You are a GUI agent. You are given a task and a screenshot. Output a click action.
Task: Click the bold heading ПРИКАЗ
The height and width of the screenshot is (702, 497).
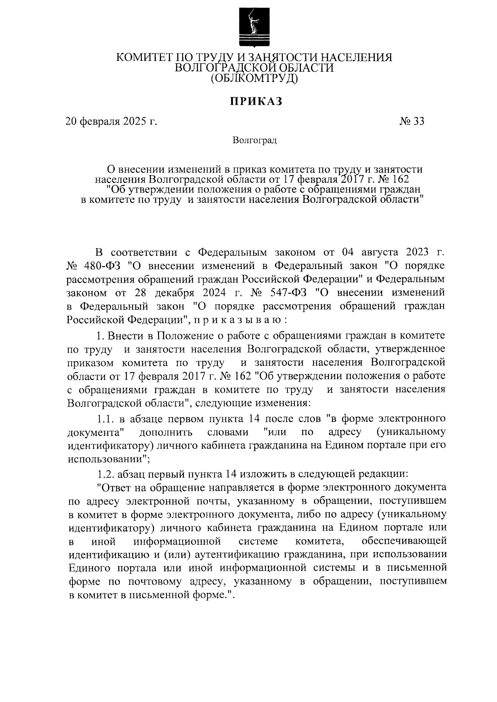pos(256,101)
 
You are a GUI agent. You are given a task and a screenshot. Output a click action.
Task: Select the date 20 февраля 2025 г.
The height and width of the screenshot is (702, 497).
pos(111,121)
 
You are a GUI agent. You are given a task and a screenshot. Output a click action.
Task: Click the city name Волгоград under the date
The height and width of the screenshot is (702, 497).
pos(254,140)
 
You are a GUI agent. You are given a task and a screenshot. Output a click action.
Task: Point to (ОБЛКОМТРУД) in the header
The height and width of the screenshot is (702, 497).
pos(254,78)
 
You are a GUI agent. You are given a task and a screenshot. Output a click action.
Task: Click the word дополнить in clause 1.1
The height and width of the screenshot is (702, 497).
pos(166,433)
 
